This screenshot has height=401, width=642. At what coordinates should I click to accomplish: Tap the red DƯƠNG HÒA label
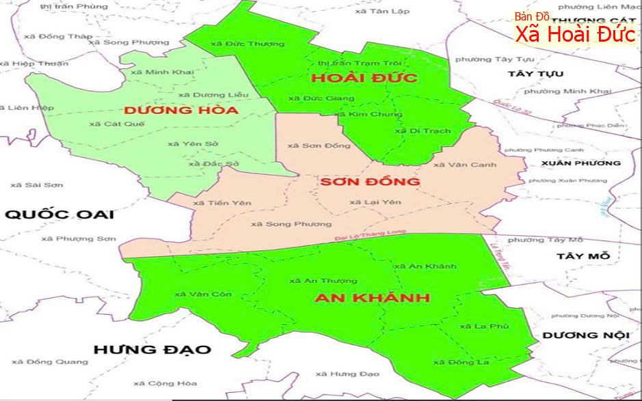point(180,110)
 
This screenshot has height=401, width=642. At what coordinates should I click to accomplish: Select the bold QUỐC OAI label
point(59,215)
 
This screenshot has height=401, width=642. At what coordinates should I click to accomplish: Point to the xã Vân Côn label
point(203,294)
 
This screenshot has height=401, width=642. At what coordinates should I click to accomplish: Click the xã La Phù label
point(484,327)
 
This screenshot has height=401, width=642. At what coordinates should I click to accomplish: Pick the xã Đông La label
point(462,362)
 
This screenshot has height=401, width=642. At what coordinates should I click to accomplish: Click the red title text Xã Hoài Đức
point(576,33)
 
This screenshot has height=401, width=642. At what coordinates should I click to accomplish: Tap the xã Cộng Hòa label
point(156,384)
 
